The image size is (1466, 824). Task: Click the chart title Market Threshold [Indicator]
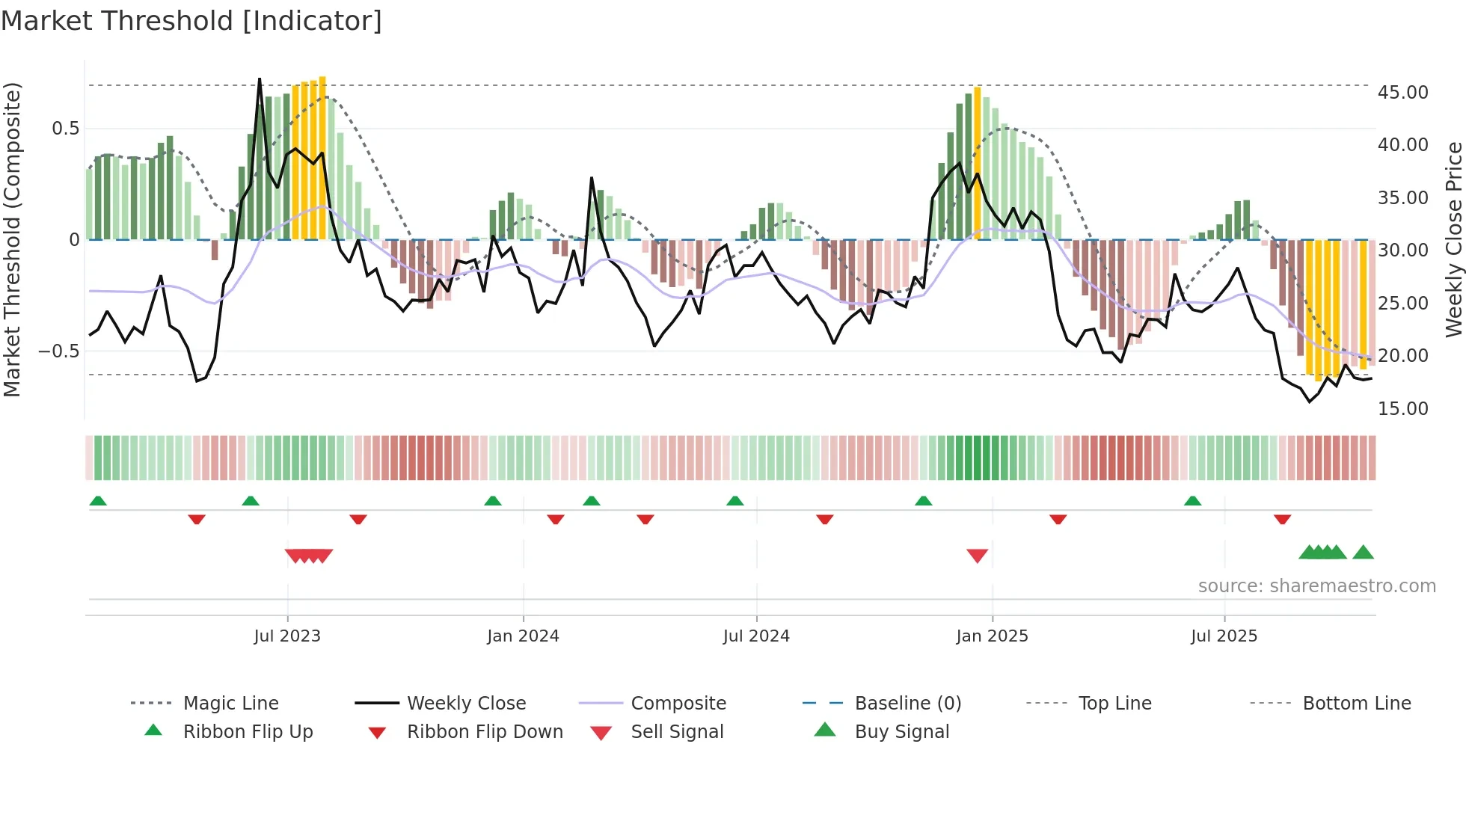[191, 21]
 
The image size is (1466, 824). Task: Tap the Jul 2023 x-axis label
[287, 636]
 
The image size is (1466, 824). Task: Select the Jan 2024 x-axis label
[523, 636]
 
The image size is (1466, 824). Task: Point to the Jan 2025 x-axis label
[992, 636]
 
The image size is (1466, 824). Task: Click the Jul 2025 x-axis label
[1224, 636]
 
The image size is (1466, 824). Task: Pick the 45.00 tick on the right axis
[1402, 93]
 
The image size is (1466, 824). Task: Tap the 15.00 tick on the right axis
[1402, 409]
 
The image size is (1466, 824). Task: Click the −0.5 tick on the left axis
[58, 351]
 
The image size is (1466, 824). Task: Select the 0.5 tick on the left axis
[65, 129]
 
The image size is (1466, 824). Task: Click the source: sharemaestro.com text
[1316, 586]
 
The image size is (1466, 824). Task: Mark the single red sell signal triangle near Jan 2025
[977, 556]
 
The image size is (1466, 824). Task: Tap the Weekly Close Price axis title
[1453, 239]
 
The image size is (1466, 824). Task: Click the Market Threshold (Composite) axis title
[12, 239]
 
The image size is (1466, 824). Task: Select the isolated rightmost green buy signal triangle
[1363, 553]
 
